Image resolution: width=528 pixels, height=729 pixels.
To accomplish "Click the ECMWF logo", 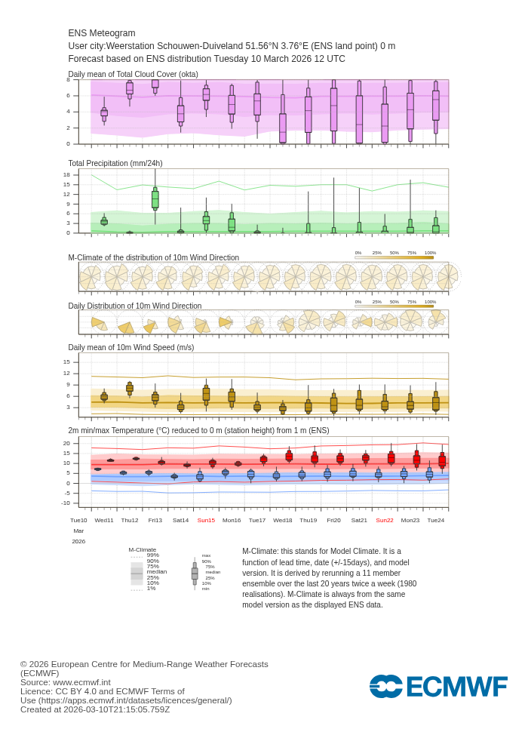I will pyautogui.click(x=438, y=687).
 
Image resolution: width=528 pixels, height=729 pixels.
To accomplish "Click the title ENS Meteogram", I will pyautogui.click(x=102, y=33).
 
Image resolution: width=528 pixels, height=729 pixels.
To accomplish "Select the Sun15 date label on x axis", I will pyautogui.click(x=206, y=520).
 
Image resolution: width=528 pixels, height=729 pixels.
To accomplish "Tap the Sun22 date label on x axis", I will pyautogui.click(x=385, y=520).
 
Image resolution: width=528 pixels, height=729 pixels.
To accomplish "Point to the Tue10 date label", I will pyautogui.click(x=78, y=520).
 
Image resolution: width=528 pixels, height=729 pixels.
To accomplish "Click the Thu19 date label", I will pyautogui.click(x=308, y=520).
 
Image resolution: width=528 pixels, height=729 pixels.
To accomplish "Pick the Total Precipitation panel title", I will pyautogui.click(x=115, y=163).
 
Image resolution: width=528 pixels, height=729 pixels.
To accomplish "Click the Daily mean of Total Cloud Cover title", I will pyautogui.click(x=134, y=74).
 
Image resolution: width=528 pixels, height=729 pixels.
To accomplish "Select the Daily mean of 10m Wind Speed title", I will pyautogui.click(x=131, y=347).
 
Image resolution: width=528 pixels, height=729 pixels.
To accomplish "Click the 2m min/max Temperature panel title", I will pyautogui.click(x=198, y=430).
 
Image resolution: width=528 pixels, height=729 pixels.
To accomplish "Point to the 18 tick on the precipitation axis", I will pyautogui.click(x=66, y=174).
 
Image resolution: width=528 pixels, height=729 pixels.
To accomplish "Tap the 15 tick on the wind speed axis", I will pyautogui.click(x=66, y=361).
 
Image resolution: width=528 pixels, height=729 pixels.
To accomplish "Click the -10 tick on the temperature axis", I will pyautogui.click(x=66, y=503).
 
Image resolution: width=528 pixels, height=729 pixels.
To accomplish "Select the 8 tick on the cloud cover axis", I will pyautogui.click(x=68, y=79).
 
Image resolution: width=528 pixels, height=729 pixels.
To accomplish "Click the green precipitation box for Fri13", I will pyautogui.click(x=155, y=199).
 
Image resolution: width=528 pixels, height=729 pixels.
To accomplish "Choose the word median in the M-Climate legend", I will pyautogui.click(x=157, y=572).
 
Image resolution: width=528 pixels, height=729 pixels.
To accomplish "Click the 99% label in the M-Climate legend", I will pyautogui.click(x=152, y=555).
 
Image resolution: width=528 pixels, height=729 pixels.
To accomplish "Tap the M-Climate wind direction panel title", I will pyautogui.click(x=154, y=257).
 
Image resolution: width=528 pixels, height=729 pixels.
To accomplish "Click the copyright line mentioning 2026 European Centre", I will pyautogui.click(x=144, y=664).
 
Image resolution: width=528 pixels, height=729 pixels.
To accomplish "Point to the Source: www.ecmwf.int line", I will pyautogui.click(x=65, y=682).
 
